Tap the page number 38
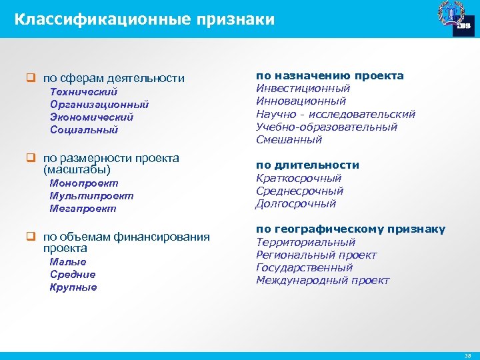coord(467,356)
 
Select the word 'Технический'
coord(83,92)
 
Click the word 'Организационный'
coord(99,105)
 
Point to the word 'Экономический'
coord(91,117)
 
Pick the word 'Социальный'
coord(83,130)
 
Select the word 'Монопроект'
coord(84,183)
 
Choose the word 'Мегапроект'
coord(83,209)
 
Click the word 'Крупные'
coord(73,287)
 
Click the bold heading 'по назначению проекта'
coord(330,76)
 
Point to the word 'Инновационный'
coord(301,101)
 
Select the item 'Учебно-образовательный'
coord(327,127)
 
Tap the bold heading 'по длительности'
coord(307,165)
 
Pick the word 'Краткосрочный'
coord(299,178)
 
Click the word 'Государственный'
coord(305,267)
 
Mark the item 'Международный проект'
coord(323,280)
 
